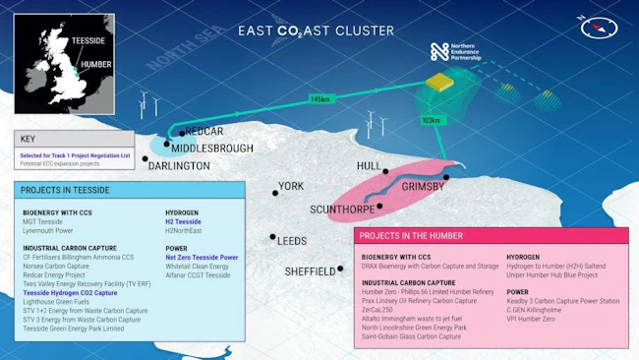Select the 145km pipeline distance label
tap(319, 99)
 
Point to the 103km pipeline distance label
tap(430, 119)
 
